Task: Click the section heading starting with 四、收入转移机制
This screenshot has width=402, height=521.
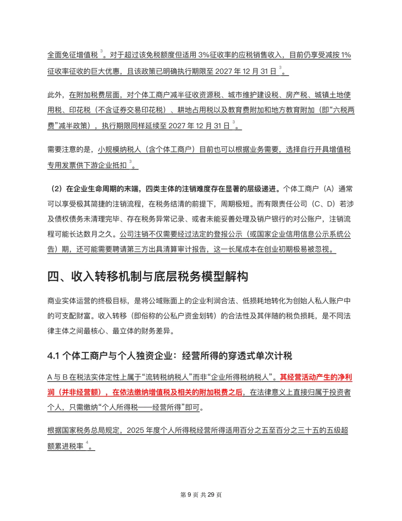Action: coord(147,277)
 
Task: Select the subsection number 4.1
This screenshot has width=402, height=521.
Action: coord(53,356)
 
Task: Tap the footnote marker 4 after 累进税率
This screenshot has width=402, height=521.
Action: coord(87,442)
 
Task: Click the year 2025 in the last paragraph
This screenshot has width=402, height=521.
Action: coord(135,430)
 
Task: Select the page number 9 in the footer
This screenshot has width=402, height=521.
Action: coord(189,495)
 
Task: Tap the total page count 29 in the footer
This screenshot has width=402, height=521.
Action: coord(211,495)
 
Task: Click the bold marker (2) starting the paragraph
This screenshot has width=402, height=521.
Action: coord(57,189)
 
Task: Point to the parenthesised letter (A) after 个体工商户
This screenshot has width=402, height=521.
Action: coord(329,189)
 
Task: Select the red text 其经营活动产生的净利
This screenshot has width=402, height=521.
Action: coord(316,377)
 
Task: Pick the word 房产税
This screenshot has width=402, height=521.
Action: coord(296,95)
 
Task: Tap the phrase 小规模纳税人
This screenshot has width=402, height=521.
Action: coord(119,150)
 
